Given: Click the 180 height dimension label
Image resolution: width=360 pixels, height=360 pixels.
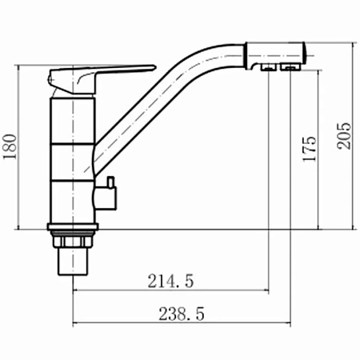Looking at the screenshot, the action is coord(10,146).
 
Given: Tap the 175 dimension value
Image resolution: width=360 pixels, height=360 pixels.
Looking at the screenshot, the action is coord(310,149).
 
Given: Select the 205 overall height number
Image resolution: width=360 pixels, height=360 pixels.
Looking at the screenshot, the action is coord(343,136).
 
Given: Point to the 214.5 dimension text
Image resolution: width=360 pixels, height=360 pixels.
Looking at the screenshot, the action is coord(170,281).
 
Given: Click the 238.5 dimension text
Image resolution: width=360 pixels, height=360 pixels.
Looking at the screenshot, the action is coord(182,314).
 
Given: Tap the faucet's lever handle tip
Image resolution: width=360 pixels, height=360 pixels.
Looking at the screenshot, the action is coord(154,67).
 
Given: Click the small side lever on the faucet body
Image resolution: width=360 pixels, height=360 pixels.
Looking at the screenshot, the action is coord(110,182).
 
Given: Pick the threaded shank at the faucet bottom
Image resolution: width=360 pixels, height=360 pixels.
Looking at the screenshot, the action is coord(73,262).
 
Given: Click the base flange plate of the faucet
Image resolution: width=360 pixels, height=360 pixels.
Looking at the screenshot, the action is coord(73,227).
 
